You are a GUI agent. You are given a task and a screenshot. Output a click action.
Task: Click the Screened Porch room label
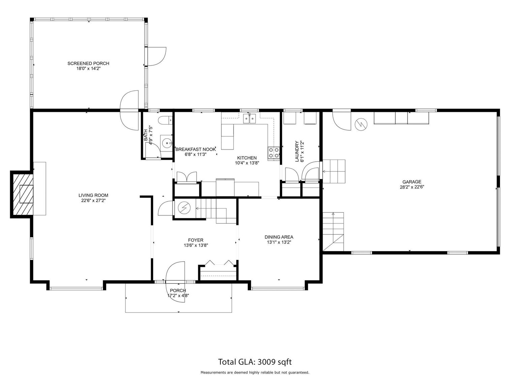pyautogui.click(x=88, y=63)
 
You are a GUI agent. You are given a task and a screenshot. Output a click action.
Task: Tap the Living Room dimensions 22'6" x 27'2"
pyautogui.click(x=93, y=200)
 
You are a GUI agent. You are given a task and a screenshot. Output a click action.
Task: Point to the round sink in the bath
pyautogui.click(x=167, y=143)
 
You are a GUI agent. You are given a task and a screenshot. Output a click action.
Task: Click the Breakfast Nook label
pyautogui.click(x=195, y=149)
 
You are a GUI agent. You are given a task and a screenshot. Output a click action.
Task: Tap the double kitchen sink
pyautogui.click(x=250, y=118)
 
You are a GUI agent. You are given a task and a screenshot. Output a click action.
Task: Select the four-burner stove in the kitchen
pyautogui.click(x=274, y=153)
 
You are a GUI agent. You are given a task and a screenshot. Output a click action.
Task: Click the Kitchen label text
pyautogui.click(x=247, y=158)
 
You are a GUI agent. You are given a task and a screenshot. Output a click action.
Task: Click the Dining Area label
pyautogui.click(x=279, y=237)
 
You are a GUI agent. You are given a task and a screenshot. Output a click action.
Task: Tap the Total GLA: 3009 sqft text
pyautogui.click(x=255, y=362)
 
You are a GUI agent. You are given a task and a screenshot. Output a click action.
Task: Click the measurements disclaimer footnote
pyautogui.click(x=255, y=373)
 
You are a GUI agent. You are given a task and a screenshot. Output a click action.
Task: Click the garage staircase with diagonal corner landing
pyautogui.click(x=333, y=232)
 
